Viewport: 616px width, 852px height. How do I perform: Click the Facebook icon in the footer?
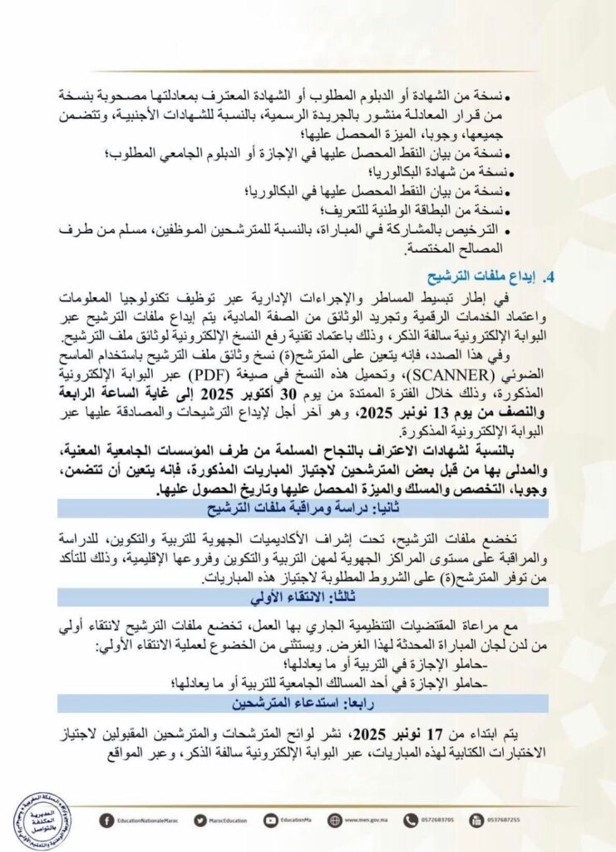pos(106,820)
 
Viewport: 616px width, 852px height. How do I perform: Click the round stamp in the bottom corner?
pos(41,821)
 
